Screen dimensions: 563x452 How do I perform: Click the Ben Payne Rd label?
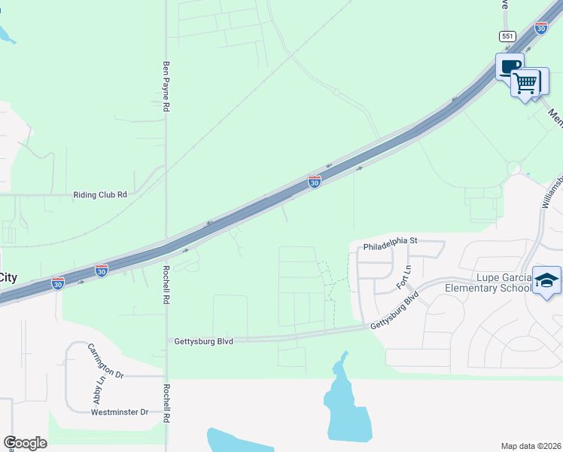[x=166, y=87]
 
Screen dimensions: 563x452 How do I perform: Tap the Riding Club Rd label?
[x=100, y=194]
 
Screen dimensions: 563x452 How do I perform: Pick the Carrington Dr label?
[x=105, y=360]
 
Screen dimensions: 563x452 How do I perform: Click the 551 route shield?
[x=506, y=36]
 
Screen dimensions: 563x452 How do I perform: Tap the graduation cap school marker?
[x=546, y=281]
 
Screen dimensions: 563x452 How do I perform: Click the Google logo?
[x=25, y=442]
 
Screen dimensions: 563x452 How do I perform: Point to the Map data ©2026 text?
[x=531, y=446]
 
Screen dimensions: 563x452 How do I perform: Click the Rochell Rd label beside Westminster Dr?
[x=166, y=403]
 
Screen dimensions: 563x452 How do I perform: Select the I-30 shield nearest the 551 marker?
[x=540, y=27]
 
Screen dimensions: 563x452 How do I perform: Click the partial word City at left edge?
[x=8, y=277]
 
